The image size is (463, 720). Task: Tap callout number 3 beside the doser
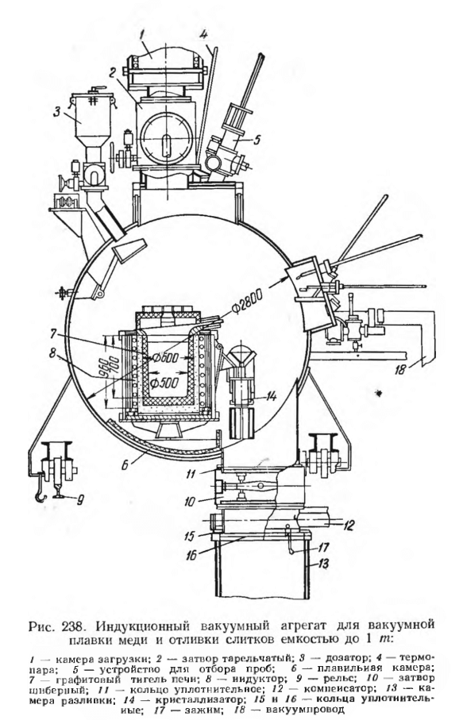[x=56, y=113]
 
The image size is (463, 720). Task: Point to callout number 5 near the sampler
[x=257, y=140]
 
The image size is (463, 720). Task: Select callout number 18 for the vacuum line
[x=401, y=368]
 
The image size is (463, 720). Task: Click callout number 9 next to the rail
[x=79, y=499]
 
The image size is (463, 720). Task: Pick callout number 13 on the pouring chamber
[x=323, y=563]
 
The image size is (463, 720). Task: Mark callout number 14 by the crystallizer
[x=272, y=396]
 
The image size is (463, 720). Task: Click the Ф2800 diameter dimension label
[x=247, y=304]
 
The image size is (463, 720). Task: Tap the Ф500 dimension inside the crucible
[x=164, y=383]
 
